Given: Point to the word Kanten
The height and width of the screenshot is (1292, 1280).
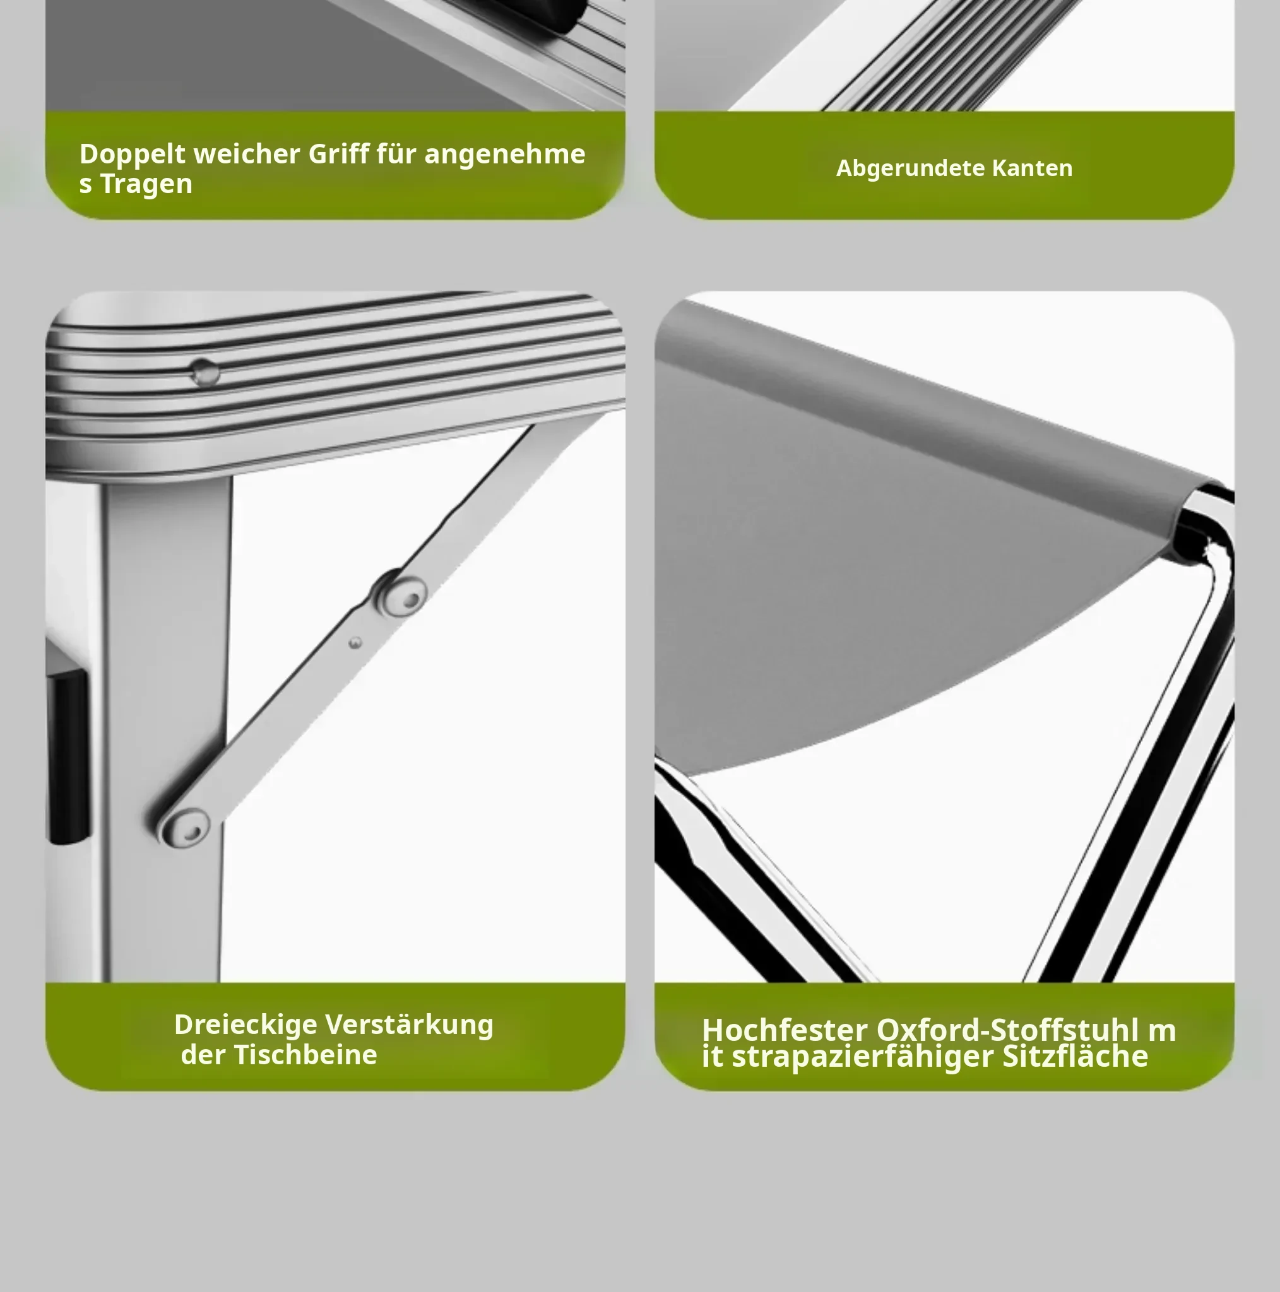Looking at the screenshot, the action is point(1033,168).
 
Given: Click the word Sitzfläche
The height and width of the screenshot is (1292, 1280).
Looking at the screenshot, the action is point(1076,1057).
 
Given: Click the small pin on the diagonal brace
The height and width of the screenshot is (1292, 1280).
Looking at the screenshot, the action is point(355,643).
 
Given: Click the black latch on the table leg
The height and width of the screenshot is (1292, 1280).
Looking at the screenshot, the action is point(68,755).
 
